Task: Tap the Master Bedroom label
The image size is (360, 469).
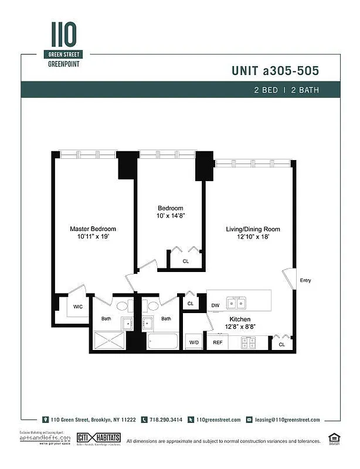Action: (93, 229)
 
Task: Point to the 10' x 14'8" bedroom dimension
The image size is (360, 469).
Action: (171, 216)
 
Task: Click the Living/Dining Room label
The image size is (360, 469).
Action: (253, 229)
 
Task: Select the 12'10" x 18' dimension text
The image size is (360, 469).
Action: (253, 237)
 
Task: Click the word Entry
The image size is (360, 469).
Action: (305, 280)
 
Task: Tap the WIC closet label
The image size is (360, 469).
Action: (77, 306)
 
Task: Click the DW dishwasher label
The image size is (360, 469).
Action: (215, 305)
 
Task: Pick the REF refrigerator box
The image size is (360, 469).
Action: (218, 342)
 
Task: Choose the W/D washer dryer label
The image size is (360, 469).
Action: (193, 342)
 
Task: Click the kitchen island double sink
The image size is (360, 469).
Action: (237, 303)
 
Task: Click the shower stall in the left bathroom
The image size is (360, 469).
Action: (110, 340)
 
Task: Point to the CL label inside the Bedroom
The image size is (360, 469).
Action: (185, 261)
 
